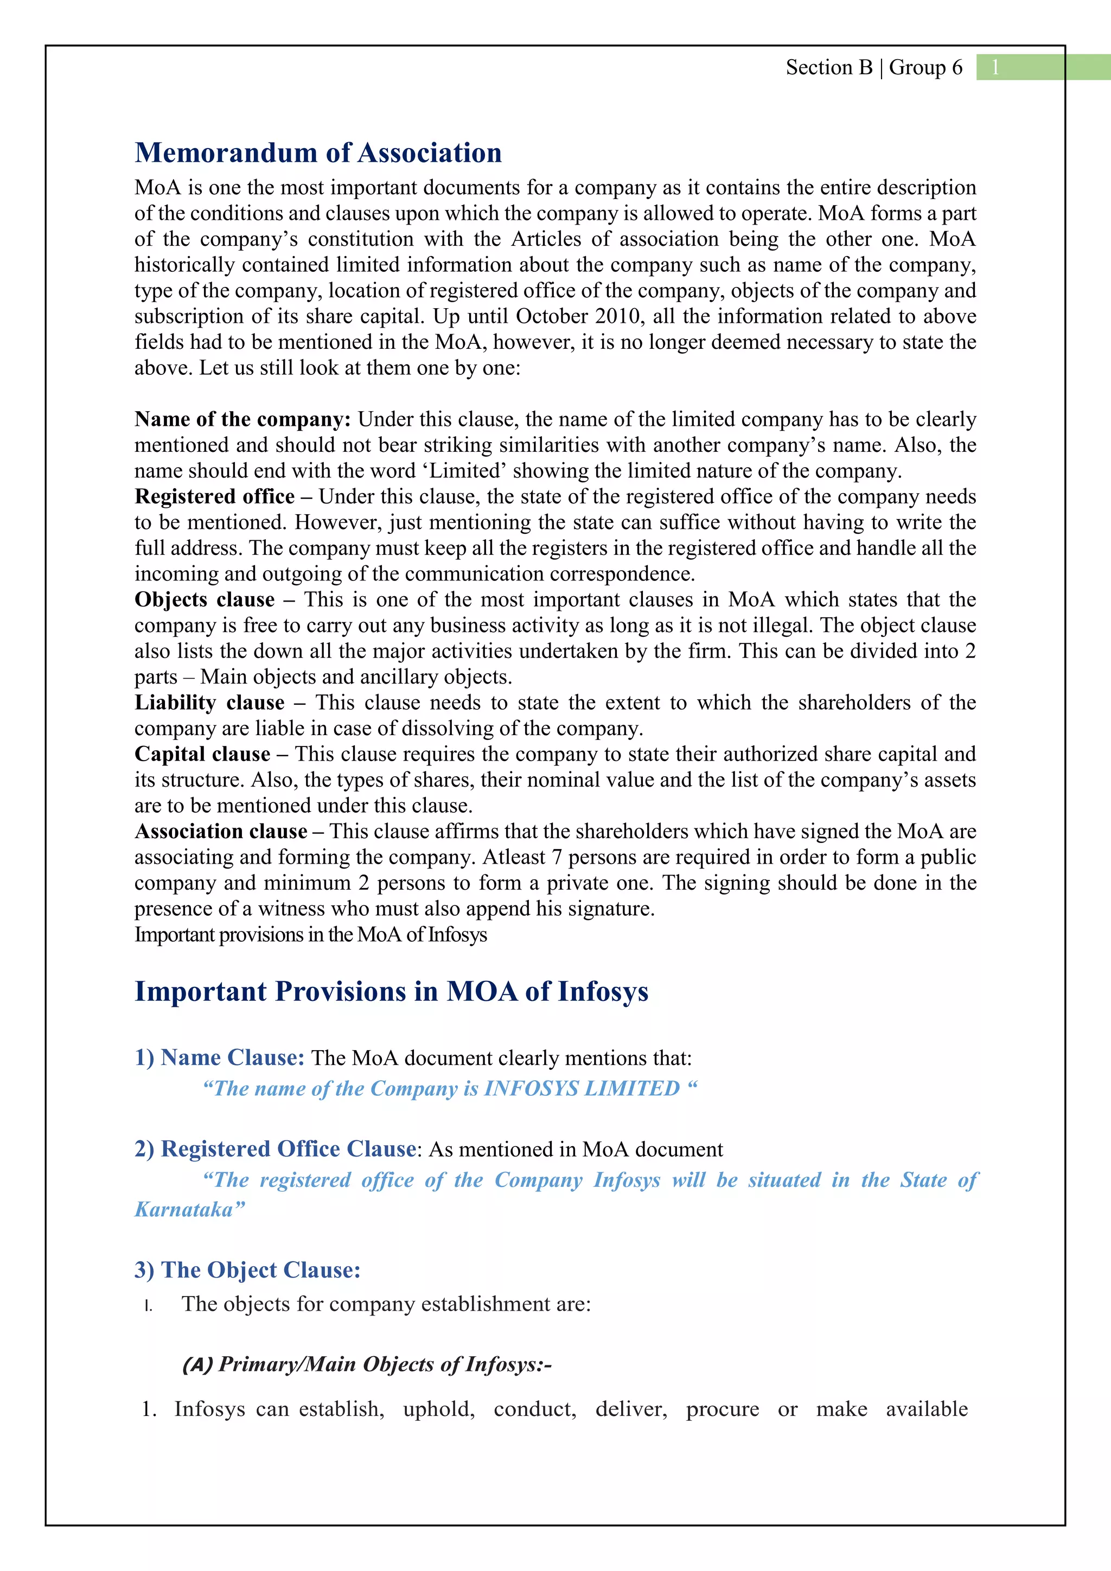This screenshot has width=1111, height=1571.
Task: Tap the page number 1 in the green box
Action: [995, 67]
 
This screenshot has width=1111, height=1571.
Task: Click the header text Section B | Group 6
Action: [873, 67]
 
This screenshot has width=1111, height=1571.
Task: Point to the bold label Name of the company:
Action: [242, 419]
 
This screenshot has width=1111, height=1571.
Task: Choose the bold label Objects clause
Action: [204, 599]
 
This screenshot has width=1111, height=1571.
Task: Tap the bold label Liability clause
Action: [209, 702]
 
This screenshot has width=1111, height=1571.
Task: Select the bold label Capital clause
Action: [202, 754]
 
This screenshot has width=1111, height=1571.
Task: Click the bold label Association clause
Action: [220, 832]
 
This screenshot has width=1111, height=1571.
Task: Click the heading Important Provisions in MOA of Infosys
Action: [391, 992]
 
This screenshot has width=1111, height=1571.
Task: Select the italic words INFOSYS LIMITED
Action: [582, 1088]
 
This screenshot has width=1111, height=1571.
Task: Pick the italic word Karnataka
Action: [184, 1209]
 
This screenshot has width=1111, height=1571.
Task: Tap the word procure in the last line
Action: [723, 1409]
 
